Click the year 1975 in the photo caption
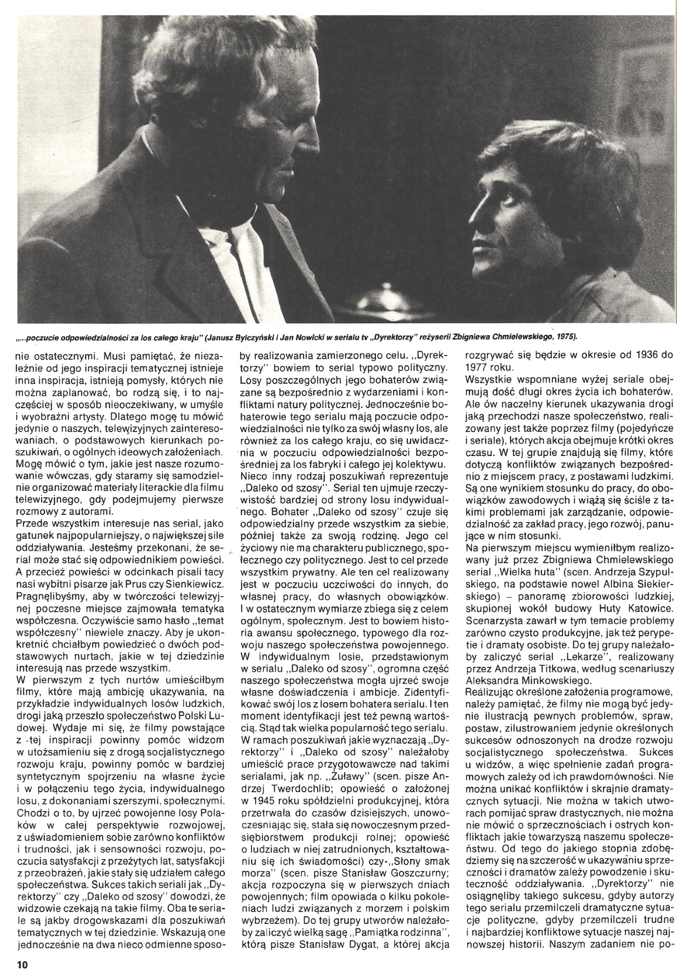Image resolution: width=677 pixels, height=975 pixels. [x=565, y=336]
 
